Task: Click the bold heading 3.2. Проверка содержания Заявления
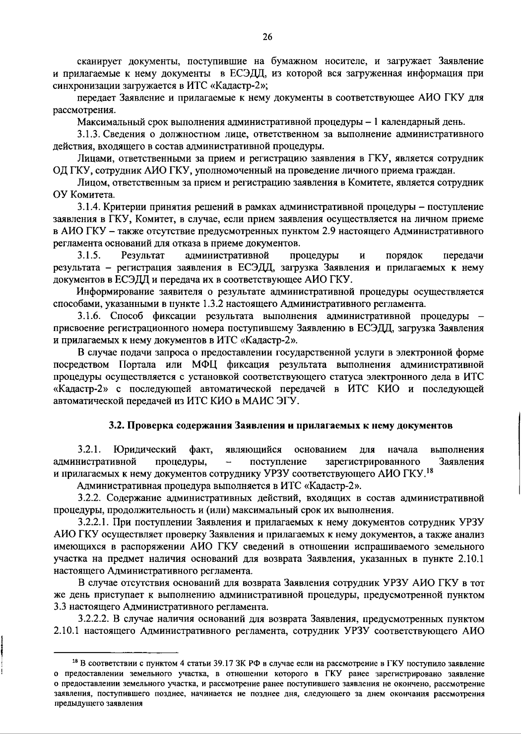coord(280,425)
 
